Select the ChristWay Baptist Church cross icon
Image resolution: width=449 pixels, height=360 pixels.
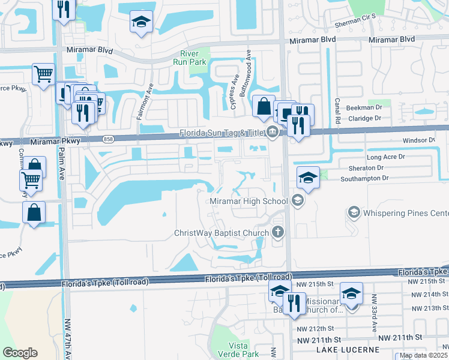coord(277,232)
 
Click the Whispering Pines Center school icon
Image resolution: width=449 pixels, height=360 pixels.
coord(354,213)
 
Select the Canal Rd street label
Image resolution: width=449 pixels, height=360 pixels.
coord(338,111)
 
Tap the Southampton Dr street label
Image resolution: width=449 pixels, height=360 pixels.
coord(366,178)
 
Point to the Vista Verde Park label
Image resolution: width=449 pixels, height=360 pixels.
coord(239,349)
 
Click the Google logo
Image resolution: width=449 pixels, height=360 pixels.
coord(20,353)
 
